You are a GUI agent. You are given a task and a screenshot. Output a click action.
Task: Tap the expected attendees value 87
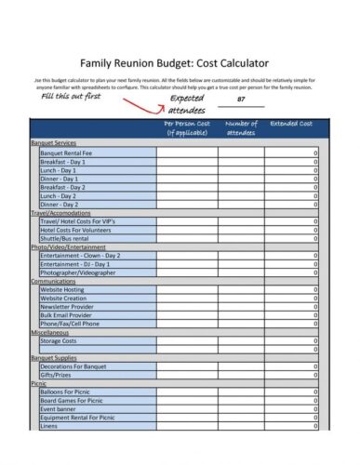click(241, 99)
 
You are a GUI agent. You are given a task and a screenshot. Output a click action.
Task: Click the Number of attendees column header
click(241, 128)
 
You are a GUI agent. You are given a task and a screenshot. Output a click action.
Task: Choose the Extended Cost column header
click(292, 124)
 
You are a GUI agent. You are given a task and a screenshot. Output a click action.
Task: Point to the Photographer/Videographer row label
click(77, 272)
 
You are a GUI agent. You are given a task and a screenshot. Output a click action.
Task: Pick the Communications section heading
click(53, 281)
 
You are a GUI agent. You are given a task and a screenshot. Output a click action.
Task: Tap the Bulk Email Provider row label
click(68, 314)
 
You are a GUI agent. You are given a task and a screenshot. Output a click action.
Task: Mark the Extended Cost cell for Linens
click(291, 425)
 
